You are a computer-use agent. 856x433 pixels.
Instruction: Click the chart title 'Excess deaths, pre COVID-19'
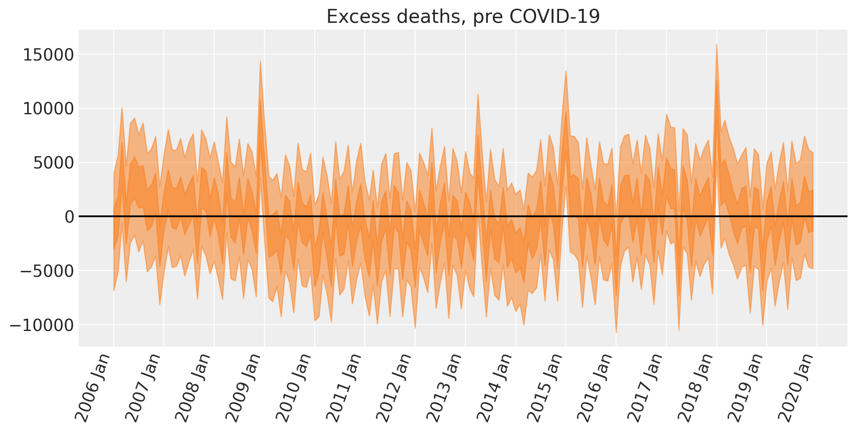463,17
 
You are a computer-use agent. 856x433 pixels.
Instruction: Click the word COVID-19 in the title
554,17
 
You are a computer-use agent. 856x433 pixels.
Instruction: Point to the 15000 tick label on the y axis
48,55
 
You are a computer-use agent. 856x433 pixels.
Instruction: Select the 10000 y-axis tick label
48,109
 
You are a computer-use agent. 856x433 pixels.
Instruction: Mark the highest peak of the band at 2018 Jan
716,44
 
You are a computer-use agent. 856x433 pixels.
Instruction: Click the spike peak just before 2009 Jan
260,61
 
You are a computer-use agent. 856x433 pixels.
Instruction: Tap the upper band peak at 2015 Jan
566,71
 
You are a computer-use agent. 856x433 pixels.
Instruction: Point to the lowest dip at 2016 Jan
616,332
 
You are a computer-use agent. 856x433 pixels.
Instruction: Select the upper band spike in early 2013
478,94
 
